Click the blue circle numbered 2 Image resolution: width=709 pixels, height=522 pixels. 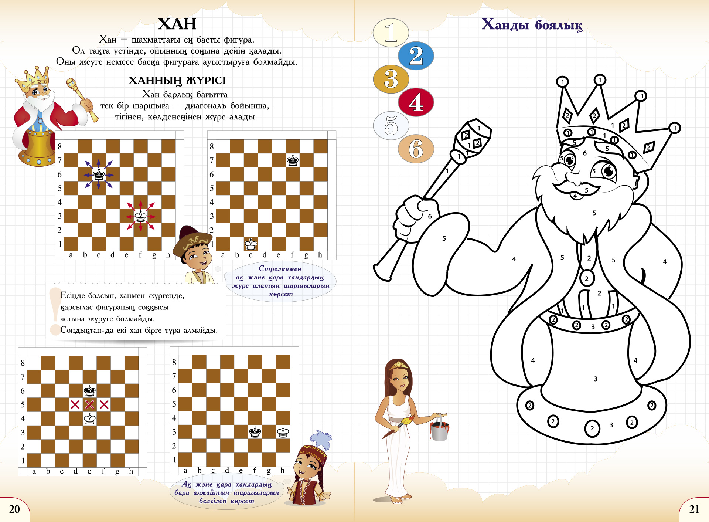(x=416, y=56)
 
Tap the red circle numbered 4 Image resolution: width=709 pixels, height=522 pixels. (x=416, y=102)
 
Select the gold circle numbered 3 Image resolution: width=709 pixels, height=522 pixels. (x=391, y=79)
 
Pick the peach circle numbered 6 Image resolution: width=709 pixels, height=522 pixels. (x=416, y=149)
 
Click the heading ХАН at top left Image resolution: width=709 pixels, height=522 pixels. (x=177, y=24)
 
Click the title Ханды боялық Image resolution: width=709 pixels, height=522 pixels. (x=532, y=25)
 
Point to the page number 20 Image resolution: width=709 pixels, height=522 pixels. (x=14, y=509)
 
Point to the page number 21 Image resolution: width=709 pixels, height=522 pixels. (x=694, y=509)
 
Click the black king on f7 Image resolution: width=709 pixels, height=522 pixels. (x=293, y=161)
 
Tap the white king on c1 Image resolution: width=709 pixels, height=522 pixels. (x=251, y=244)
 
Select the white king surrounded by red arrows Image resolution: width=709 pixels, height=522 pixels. (x=140, y=217)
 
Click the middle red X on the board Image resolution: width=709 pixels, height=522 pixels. (x=89, y=404)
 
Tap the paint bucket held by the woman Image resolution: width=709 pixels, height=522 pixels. (x=439, y=430)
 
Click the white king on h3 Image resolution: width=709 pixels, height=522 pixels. (x=283, y=432)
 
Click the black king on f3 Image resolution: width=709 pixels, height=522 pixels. (x=255, y=432)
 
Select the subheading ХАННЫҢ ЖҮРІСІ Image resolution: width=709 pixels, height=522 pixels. (x=177, y=80)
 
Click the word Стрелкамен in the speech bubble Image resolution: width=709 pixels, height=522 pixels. (x=280, y=269)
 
